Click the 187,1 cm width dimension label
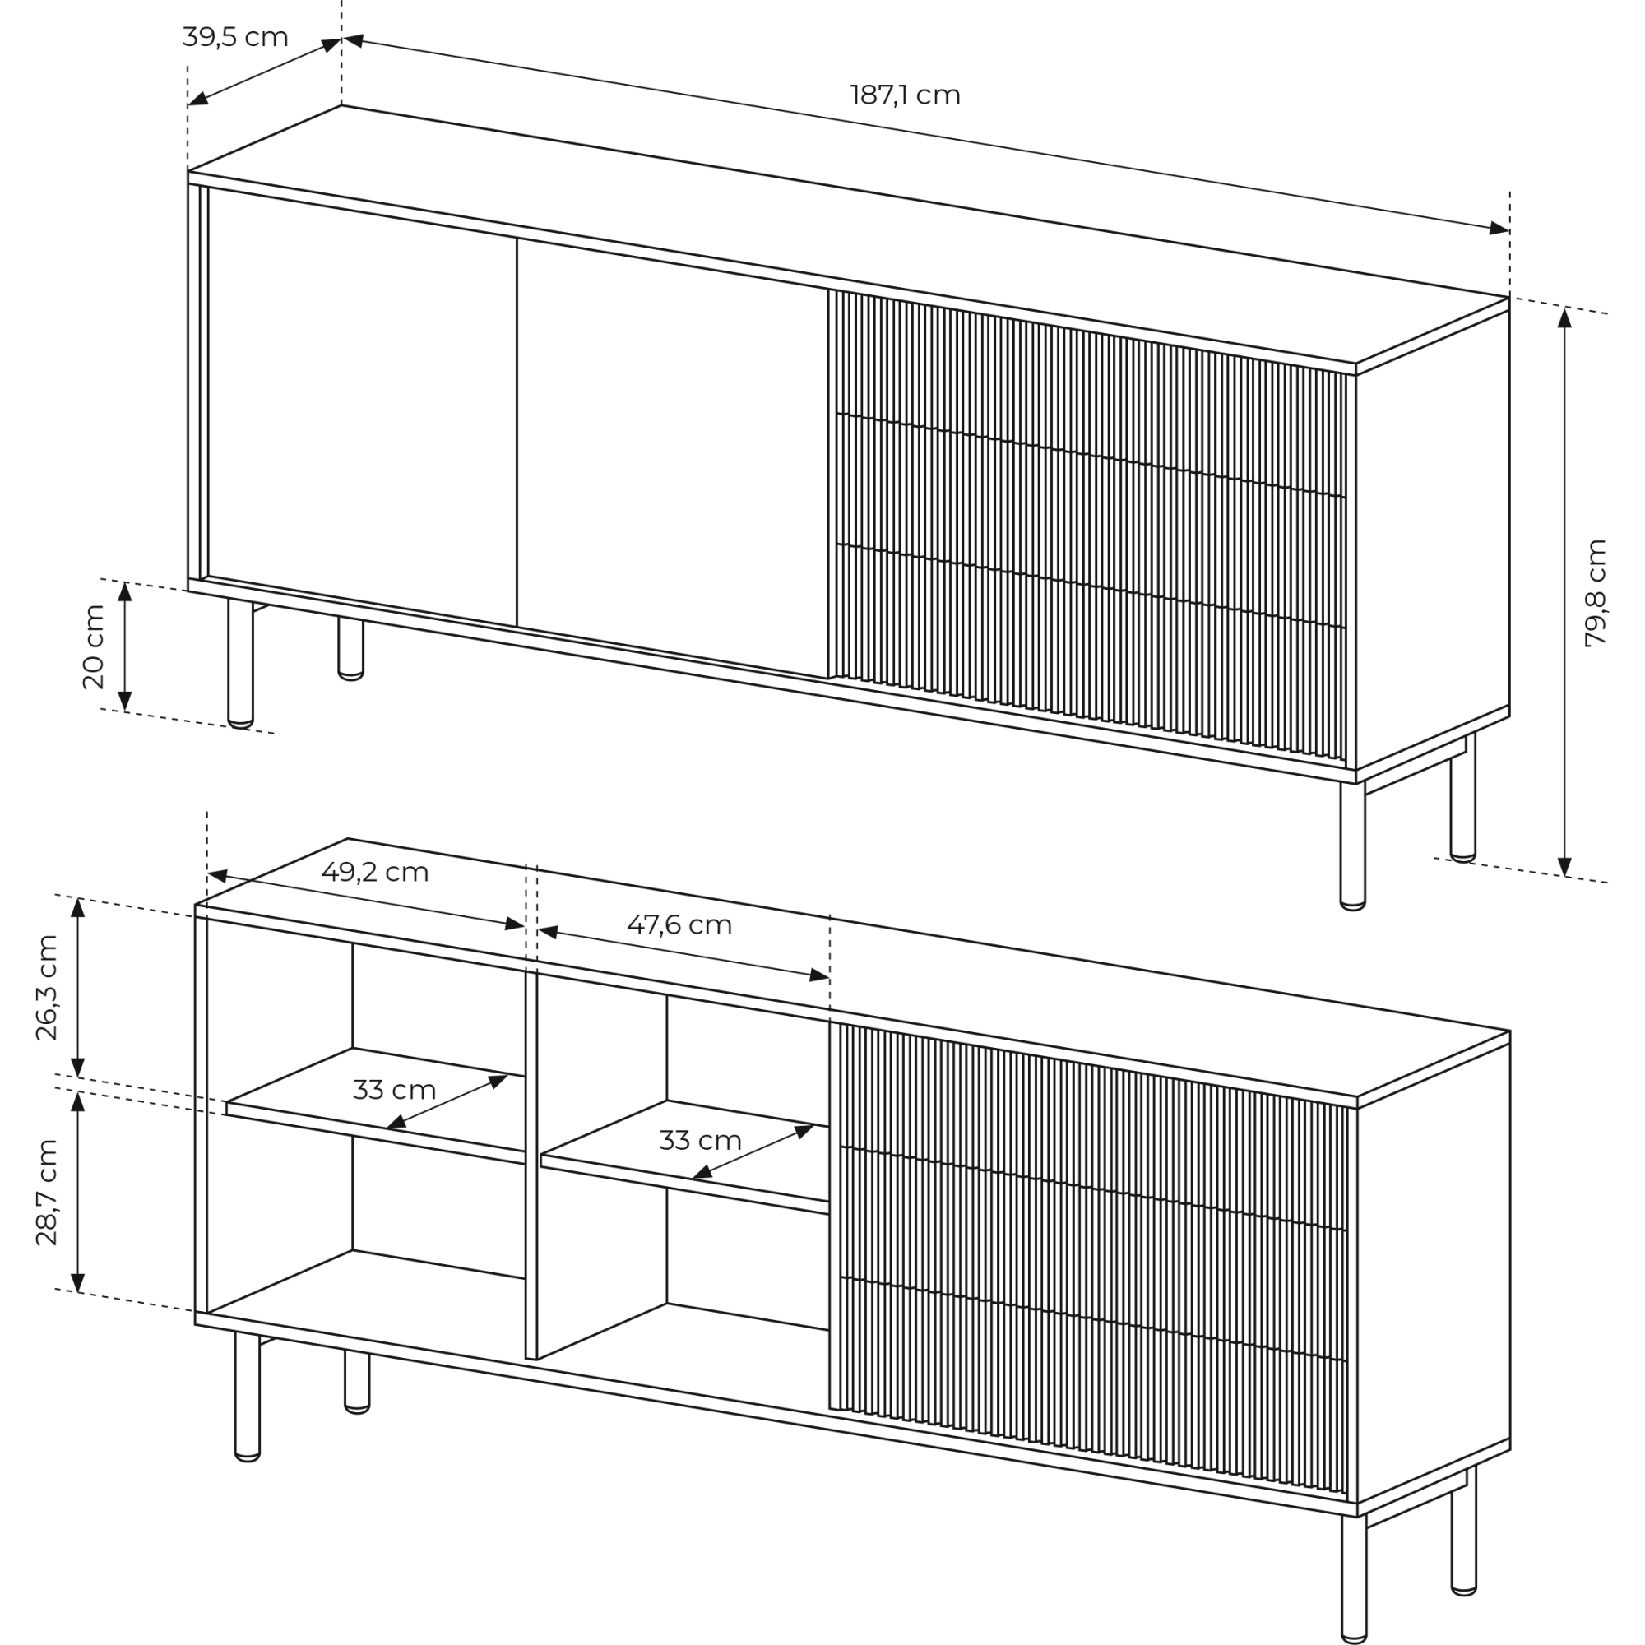coord(905,95)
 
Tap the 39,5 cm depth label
coord(235,38)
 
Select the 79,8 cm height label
coord(1596,594)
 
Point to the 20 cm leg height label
coord(93,647)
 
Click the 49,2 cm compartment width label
coord(374,872)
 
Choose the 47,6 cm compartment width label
coord(679,924)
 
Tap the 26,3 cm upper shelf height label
coord(47,988)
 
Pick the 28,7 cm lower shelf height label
coord(47,1192)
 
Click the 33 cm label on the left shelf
coord(394,1090)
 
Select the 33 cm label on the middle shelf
coord(700,1140)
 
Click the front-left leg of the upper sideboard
coord(240,663)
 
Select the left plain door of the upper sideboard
coord(362,407)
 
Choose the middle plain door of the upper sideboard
coord(673,458)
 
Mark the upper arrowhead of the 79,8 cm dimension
coord(1564,317)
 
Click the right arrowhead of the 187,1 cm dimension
coord(1499,228)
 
